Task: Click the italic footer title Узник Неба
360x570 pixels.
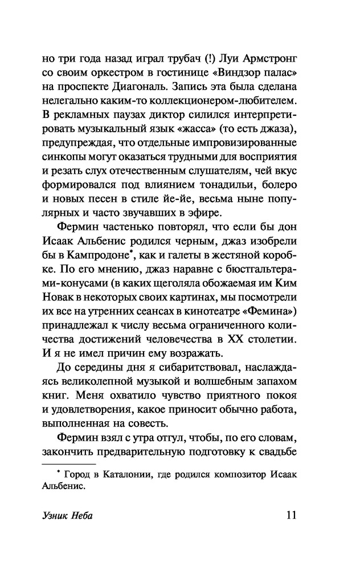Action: pos(68,517)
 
